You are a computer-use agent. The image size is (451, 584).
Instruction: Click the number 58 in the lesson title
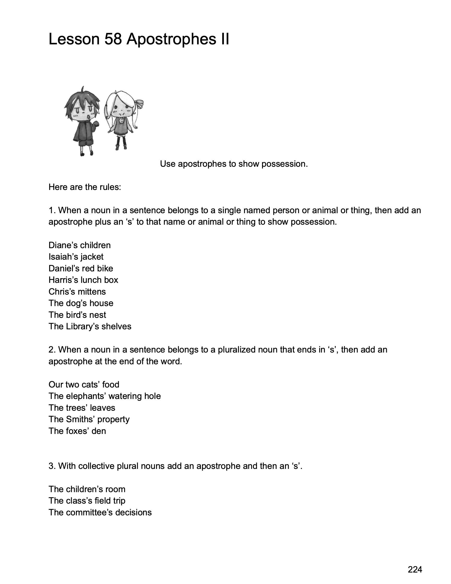tap(113, 39)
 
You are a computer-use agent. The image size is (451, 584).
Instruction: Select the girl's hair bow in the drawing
tap(139, 103)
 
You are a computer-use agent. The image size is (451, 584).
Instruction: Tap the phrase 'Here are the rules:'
tap(85, 187)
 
